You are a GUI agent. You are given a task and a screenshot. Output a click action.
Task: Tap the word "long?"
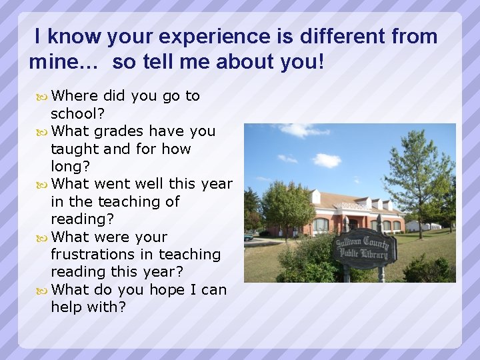point(69,166)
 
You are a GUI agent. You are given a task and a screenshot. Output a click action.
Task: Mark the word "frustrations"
point(93,254)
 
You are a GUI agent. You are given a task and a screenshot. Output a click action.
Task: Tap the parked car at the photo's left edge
point(248,236)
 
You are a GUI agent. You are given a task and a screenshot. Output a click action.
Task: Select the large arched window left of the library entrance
point(321,225)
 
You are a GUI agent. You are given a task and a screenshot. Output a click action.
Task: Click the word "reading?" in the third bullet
point(82,219)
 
